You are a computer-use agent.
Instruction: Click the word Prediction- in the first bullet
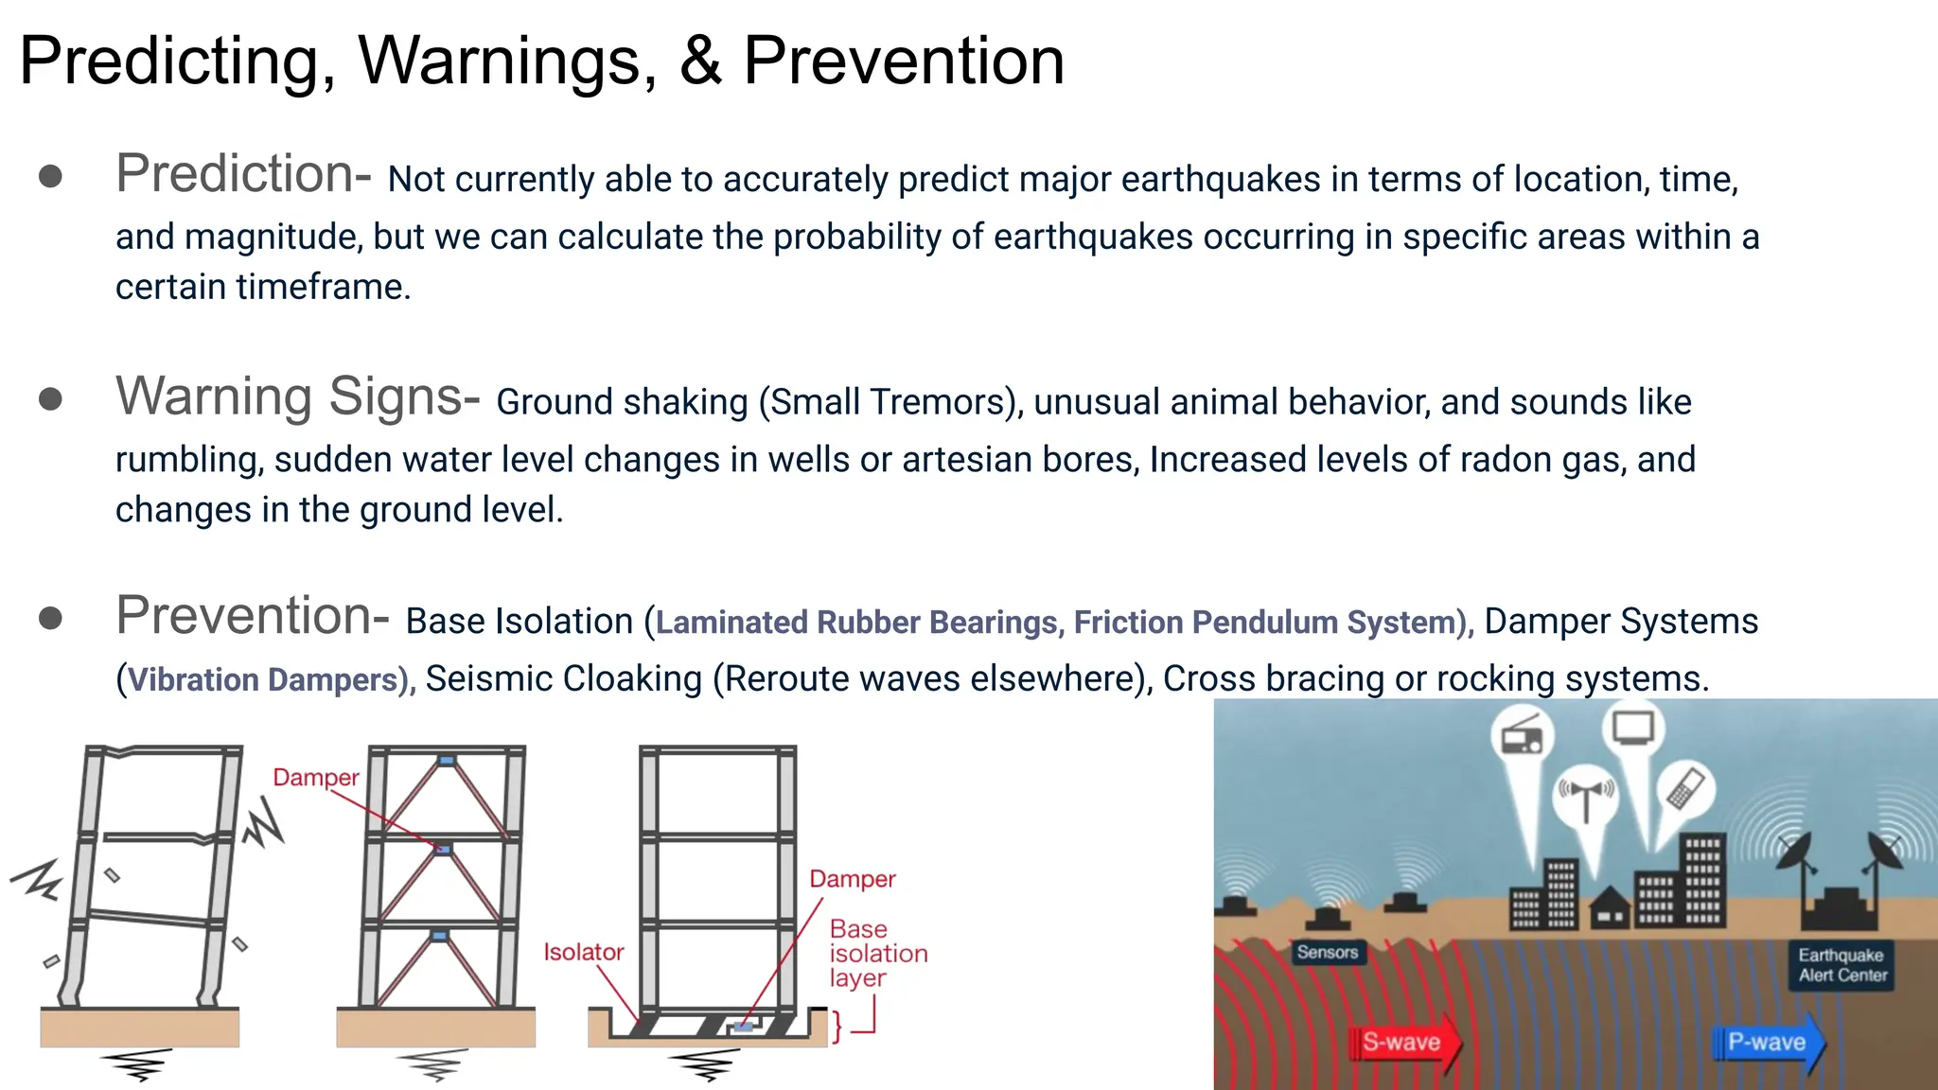(242, 174)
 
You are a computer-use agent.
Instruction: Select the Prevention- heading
(252, 616)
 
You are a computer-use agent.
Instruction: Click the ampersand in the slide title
(699, 62)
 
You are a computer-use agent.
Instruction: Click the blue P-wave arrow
(1768, 1043)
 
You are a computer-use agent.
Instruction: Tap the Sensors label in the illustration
(1327, 953)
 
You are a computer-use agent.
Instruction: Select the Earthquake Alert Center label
(1841, 965)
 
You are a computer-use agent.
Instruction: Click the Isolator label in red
(583, 952)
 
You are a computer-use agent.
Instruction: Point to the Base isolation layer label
(876, 954)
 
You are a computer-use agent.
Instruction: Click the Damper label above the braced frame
(315, 778)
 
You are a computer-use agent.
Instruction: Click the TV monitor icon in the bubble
(1633, 728)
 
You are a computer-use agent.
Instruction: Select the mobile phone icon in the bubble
(1685, 788)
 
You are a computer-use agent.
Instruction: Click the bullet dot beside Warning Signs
(50, 399)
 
